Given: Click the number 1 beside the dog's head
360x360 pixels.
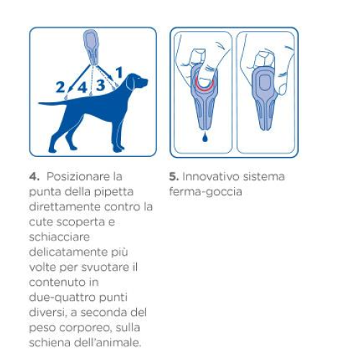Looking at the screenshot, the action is click(120, 73).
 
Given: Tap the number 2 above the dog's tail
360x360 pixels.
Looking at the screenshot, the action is click(60, 87).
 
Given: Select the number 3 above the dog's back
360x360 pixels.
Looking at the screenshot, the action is click(101, 85).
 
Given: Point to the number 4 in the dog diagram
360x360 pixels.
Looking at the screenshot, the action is click(82, 87).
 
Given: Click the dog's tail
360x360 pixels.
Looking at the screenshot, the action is click(53, 104).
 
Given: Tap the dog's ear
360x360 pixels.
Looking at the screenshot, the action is click(130, 83).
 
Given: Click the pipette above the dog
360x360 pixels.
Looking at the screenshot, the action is click(91, 48).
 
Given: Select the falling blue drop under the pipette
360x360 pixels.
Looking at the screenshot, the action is click(204, 138).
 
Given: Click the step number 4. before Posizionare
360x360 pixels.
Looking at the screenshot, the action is click(34, 177).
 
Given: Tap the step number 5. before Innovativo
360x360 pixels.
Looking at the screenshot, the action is click(174, 177).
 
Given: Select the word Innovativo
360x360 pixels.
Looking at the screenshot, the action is click(211, 176).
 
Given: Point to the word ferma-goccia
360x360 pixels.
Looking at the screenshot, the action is click(205, 192).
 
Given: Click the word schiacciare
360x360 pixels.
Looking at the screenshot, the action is click(59, 237).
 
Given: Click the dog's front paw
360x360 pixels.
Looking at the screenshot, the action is click(118, 149).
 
